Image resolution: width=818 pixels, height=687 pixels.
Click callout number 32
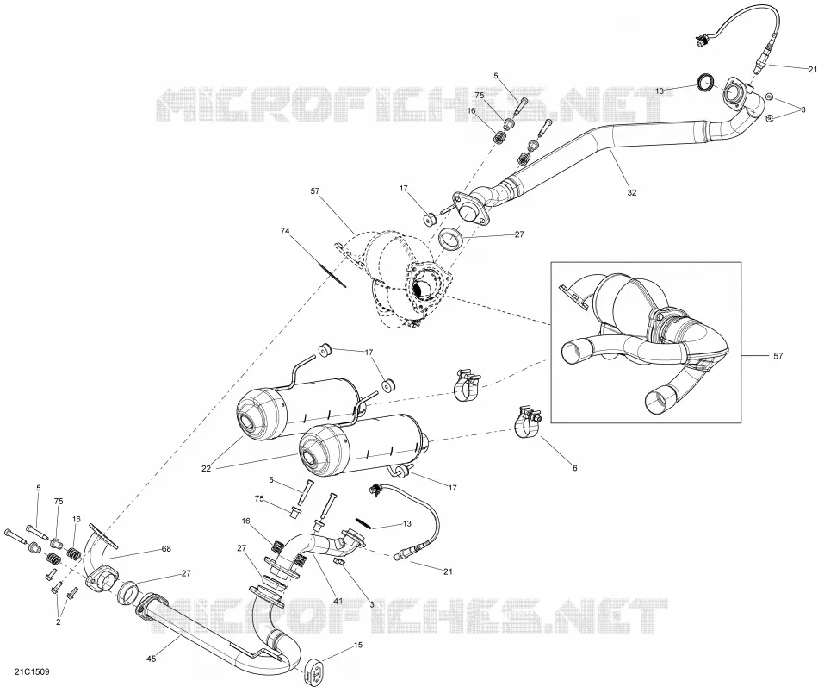[632, 193]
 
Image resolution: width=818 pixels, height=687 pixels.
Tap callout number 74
[284, 230]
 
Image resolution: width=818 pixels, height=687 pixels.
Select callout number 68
[166, 548]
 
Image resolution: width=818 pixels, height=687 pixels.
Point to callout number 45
[152, 659]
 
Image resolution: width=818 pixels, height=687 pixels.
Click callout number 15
[358, 646]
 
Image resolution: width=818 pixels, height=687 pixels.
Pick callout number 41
[338, 602]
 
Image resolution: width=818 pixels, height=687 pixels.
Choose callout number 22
[206, 469]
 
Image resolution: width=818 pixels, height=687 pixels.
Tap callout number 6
[575, 468]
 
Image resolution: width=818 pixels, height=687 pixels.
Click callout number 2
[58, 622]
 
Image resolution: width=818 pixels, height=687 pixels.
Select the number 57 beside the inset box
[778, 356]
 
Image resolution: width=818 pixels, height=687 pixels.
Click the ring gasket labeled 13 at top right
[706, 83]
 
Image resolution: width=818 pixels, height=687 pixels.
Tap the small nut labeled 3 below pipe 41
[339, 562]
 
